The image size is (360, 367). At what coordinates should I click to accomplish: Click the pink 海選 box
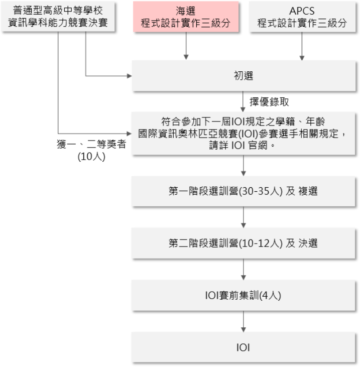186,17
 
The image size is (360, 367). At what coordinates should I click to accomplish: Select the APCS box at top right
302,17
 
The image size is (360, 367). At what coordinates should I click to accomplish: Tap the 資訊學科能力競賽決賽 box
58,17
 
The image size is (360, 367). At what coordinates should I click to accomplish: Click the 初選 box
244,76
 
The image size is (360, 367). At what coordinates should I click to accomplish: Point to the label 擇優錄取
269,102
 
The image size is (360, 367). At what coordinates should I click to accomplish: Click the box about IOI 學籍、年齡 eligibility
244,134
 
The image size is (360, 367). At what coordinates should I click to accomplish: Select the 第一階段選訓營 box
244,191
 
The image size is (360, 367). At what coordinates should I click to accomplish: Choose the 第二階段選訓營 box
244,243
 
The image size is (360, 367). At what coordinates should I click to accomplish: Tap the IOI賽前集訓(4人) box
244,295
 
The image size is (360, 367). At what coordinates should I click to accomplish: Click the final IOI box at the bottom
244,347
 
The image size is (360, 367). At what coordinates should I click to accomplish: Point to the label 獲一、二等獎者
91,144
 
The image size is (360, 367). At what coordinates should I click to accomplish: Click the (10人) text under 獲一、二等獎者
91,157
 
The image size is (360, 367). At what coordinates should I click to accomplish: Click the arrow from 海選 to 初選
186,46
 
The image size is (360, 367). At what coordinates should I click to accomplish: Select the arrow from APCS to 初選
302,46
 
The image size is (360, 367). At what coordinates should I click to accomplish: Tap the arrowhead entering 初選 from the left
129,76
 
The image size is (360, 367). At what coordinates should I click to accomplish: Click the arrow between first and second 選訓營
244,217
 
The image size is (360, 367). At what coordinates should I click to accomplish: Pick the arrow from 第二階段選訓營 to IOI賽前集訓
244,270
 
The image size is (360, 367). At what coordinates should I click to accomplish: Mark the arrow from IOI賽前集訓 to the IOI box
244,321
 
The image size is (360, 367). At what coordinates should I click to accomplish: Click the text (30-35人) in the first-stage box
261,191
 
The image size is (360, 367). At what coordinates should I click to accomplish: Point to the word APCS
302,11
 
